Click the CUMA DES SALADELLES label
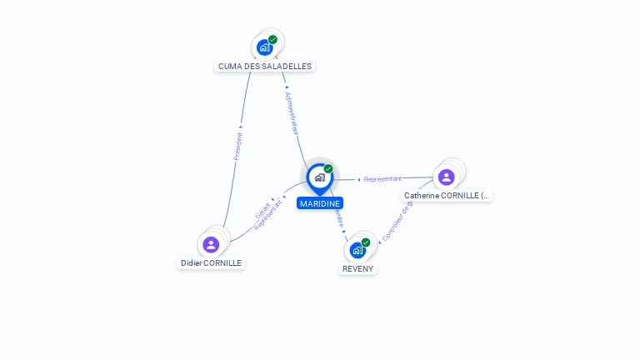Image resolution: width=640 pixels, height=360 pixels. tap(265, 66)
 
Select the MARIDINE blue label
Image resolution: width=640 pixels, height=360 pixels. tap(320, 202)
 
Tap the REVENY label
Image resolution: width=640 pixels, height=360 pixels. tap(358, 268)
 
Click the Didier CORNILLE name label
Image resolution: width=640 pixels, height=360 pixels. tap(211, 262)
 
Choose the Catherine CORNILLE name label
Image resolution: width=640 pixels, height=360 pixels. tap(447, 195)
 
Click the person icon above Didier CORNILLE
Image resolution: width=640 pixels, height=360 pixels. tap(211, 244)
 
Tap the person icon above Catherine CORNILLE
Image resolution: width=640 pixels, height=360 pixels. tap(446, 177)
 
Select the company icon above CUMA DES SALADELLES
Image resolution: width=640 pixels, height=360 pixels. tap(265, 47)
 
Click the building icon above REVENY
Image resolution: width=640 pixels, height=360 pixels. tap(357, 250)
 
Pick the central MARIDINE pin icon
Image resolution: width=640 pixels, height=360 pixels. tap(319, 177)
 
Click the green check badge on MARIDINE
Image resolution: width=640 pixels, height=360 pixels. tap(328, 169)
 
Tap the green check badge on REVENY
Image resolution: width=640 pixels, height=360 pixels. tap(366, 242)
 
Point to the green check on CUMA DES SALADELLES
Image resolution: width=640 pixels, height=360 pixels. tap(272, 39)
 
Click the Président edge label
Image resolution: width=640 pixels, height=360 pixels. tap(238, 145)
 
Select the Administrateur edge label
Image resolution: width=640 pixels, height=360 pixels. tap(292, 113)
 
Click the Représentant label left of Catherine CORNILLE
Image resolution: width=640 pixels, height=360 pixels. tap(382, 179)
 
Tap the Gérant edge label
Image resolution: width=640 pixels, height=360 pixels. tap(262, 210)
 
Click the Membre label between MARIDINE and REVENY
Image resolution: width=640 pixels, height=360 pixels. tap(338, 218)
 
